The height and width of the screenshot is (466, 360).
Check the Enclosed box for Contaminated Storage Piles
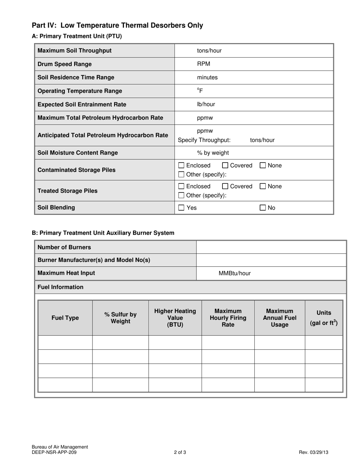[x=182, y=166]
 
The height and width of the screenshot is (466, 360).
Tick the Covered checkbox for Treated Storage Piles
[x=225, y=186]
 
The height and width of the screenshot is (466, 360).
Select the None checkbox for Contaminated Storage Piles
[x=263, y=166]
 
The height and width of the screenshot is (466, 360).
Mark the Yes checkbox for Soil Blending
[x=182, y=208]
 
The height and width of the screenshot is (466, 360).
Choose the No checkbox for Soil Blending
[x=263, y=208]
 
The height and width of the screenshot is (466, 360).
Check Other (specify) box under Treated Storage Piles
[x=182, y=195]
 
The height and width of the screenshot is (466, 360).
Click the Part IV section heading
[x=117, y=25]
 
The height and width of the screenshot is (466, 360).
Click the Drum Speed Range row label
[x=64, y=64]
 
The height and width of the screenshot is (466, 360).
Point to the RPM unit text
[x=203, y=64]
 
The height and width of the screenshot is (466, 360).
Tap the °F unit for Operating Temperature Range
[x=200, y=91]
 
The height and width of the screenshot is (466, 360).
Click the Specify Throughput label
[x=204, y=140]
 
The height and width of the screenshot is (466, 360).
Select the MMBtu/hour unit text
[x=235, y=274]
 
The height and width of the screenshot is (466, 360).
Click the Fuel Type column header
[x=65, y=318]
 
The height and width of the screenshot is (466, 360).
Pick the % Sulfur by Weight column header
[x=121, y=318]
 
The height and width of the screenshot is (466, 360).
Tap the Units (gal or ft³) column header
[x=324, y=318]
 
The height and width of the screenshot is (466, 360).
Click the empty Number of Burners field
[x=271, y=247]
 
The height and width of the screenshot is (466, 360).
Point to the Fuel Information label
[x=61, y=287]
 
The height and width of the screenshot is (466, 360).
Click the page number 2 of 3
[x=180, y=452]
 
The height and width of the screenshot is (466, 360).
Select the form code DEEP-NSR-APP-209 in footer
[x=56, y=452]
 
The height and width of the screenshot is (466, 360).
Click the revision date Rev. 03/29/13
[x=313, y=452]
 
